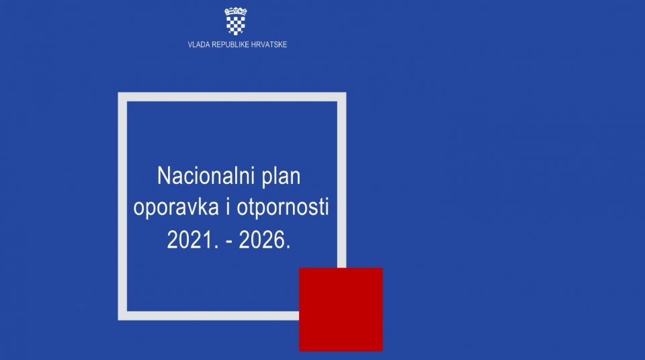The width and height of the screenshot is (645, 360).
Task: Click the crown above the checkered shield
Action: [236, 11]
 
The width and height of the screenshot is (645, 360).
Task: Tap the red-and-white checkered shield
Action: [236, 26]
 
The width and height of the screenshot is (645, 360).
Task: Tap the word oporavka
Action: [175, 207]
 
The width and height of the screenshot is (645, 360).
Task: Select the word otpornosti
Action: [283, 207]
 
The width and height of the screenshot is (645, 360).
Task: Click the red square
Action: [341, 310]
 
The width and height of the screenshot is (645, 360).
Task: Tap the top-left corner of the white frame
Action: [118, 93]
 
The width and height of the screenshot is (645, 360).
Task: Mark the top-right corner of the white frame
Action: [346, 93]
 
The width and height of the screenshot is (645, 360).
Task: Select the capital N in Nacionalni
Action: [164, 176]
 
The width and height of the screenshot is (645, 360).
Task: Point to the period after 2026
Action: [288, 247]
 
